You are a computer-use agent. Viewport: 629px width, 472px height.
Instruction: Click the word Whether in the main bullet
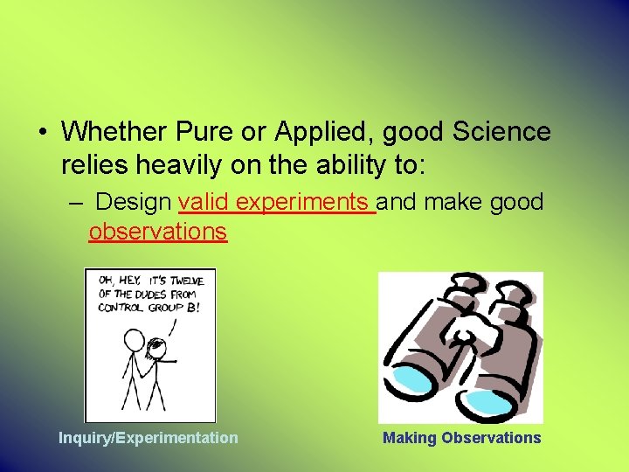click(114, 132)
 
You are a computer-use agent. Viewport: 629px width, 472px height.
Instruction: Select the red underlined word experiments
click(301, 203)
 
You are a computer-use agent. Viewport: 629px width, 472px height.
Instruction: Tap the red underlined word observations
click(157, 232)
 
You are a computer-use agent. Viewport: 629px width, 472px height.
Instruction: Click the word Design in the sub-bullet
click(134, 203)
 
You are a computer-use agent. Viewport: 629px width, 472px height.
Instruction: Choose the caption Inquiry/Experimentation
click(148, 438)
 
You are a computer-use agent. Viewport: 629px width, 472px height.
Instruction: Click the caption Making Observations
click(461, 438)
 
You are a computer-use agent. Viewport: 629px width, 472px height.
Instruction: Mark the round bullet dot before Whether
click(42, 133)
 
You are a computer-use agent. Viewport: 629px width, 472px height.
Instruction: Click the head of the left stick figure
click(134, 337)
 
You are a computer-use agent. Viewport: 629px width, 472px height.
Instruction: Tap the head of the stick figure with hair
click(156, 347)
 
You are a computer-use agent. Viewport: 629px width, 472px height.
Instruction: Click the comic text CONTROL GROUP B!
click(149, 308)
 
